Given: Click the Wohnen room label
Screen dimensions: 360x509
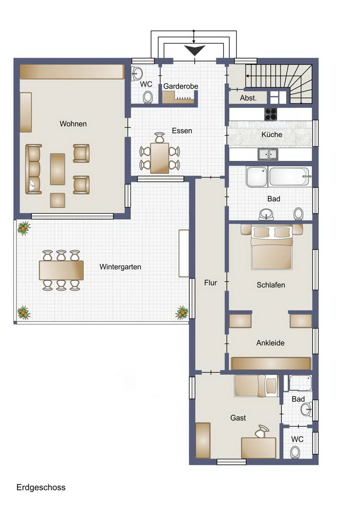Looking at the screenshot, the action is (73, 124).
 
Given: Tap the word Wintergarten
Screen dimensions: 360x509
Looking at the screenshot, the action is (120, 267).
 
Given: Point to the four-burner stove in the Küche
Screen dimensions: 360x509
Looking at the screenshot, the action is (270, 114).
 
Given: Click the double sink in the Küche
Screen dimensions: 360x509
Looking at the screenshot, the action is (268, 154).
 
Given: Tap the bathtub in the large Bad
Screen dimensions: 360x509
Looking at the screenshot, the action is (289, 176).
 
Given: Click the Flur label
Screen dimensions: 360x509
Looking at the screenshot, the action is (211, 282).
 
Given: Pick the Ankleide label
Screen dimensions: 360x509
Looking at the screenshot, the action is (270, 343).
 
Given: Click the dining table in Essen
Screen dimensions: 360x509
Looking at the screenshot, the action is (160, 158).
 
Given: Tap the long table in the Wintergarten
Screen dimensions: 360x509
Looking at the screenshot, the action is (61, 270).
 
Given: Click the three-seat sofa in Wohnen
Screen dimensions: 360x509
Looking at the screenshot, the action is (34, 169).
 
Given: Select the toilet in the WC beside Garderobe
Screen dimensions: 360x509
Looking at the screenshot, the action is (148, 97).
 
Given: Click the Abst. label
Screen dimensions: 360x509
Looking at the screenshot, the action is (248, 98).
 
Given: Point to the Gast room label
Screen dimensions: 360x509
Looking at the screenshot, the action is (238, 418).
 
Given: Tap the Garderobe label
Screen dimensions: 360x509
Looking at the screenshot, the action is (180, 87).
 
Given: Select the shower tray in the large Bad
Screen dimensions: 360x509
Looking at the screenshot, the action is (257, 177).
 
